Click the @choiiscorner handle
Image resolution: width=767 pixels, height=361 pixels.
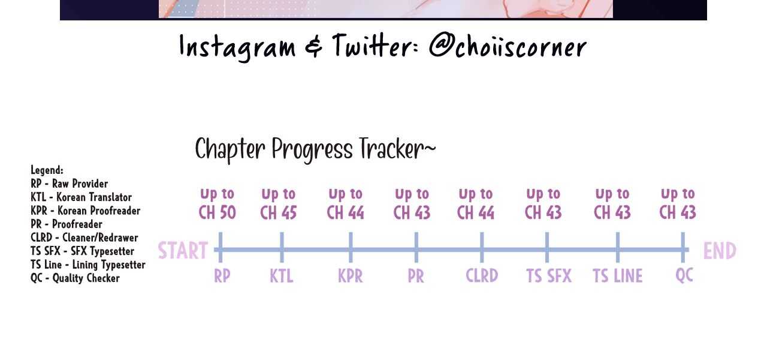[x=508, y=47]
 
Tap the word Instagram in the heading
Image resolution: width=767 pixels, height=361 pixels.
[x=237, y=48]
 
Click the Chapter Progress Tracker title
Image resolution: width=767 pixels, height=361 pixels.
[x=315, y=149]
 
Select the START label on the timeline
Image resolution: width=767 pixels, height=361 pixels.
[x=183, y=251]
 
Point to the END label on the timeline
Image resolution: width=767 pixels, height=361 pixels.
[x=720, y=251]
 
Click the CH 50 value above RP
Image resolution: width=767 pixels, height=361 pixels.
[x=217, y=212]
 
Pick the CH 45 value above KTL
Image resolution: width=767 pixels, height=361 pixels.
[x=279, y=212]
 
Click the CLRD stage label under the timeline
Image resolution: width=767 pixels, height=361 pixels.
[x=482, y=275]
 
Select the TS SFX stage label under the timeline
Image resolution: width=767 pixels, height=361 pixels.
[x=549, y=276]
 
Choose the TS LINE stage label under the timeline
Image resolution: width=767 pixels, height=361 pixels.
[x=617, y=276]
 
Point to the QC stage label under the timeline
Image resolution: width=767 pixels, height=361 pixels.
[x=684, y=275]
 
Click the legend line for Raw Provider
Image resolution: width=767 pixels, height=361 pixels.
[x=69, y=183]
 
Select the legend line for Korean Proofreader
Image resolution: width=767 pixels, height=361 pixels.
[x=85, y=210]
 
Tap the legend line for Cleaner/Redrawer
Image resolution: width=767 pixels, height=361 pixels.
[x=84, y=237]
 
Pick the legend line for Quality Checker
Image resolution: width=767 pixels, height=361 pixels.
[x=75, y=278]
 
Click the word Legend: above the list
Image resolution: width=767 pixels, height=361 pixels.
[x=47, y=170]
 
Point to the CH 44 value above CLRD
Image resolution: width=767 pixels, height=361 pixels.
[x=476, y=212]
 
